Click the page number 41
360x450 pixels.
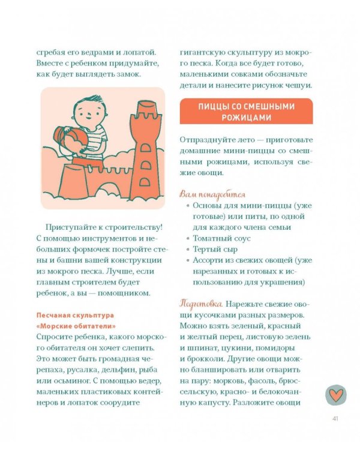pos(335,419)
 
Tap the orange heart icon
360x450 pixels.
pos(335,395)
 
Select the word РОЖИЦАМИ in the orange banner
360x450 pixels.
pos(247,118)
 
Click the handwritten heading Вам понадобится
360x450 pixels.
pos(212,194)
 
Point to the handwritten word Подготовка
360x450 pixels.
pos(201,304)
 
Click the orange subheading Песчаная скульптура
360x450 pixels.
pos(75,315)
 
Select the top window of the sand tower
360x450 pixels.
pos(145,148)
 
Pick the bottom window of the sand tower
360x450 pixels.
pos(145,182)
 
